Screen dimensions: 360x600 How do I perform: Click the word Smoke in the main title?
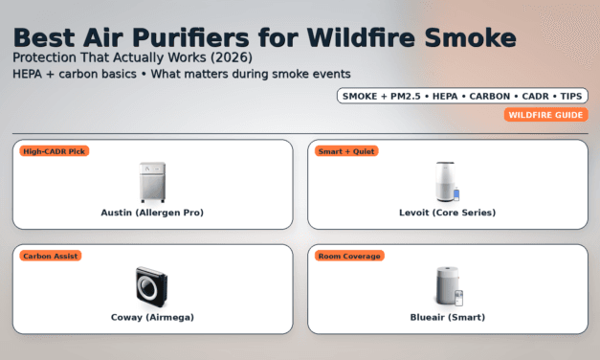[x=475, y=37]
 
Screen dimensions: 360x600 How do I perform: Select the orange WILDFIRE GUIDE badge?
[x=544, y=115]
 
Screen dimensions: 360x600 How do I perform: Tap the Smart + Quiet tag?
[x=347, y=150]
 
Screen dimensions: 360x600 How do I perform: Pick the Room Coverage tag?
[x=350, y=256]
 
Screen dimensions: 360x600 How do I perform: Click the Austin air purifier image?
[x=152, y=182]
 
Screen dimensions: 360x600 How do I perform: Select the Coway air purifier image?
[x=152, y=286]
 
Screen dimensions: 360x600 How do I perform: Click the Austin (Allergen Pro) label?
[x=152, y=212]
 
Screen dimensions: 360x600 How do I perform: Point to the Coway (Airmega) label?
[x=152, y=317]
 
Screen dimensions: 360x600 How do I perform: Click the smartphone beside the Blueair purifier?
[x=458, y=298]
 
